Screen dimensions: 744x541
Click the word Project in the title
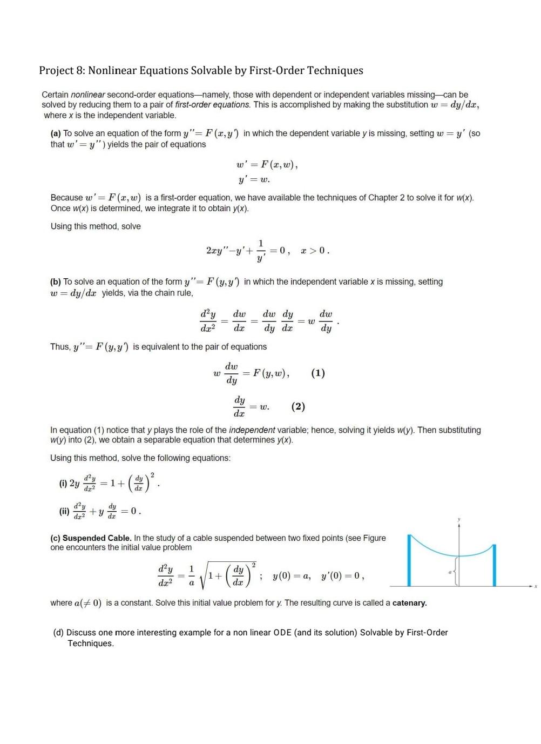tap(56, 71)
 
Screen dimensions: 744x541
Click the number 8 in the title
tap(79, 71)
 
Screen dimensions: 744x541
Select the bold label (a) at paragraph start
tap(56, 133)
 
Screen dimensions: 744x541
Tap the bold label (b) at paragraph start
tap(56, 282)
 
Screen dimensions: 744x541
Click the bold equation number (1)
tap(318, 373)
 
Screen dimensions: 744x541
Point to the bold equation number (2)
tap(298, 406)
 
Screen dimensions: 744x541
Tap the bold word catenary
tap(409, 603)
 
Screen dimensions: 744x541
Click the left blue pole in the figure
tap(410, 562)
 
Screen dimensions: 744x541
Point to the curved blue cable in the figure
tap(451, 554)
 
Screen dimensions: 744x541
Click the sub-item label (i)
tap(63, 484)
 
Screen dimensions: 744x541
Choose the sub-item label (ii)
tap(64, 511)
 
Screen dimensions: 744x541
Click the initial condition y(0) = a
tap(292, 577)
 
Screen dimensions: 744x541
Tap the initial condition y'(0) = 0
tap(342, 577)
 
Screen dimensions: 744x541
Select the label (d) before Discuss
tap(58, 633)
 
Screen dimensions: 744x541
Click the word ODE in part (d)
tap(282, 633)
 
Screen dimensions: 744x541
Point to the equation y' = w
tap(254, 179)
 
